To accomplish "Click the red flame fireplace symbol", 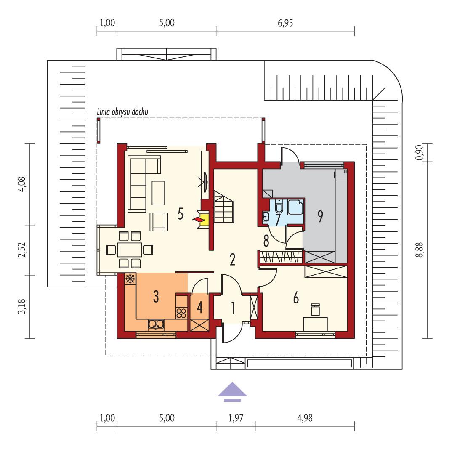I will (x=197, y=219).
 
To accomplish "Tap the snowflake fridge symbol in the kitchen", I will (x=130, y=279).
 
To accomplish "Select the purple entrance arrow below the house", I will (x=232, y=391).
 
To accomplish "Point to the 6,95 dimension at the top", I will (x=285, y=23).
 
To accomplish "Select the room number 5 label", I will (x=180, y=214).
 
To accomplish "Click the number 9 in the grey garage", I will (x=320, y=216).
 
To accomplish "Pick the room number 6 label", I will (x=296, y=298).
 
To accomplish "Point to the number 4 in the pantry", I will (x=199, y=308).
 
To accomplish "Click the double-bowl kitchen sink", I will (x=156, y=324).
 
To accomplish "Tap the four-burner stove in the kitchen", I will (x=181, y=313).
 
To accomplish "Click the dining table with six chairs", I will (x=130, y=250).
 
